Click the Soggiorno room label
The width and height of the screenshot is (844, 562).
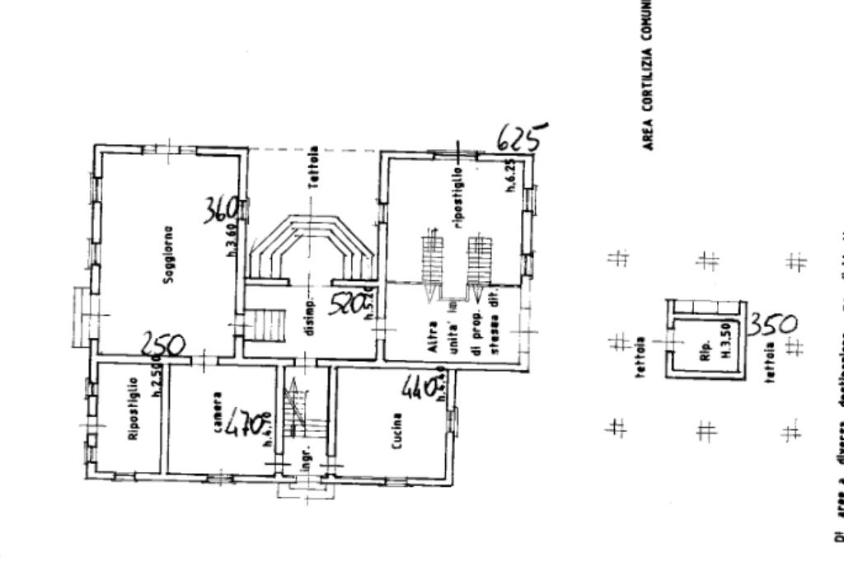click(x=168, y=255)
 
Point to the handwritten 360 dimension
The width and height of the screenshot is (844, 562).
click(x=223, y=209)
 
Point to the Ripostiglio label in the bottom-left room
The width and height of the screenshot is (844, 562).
click(x=133, y=420)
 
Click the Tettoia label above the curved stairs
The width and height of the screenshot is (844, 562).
click(x=314, y=168)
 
